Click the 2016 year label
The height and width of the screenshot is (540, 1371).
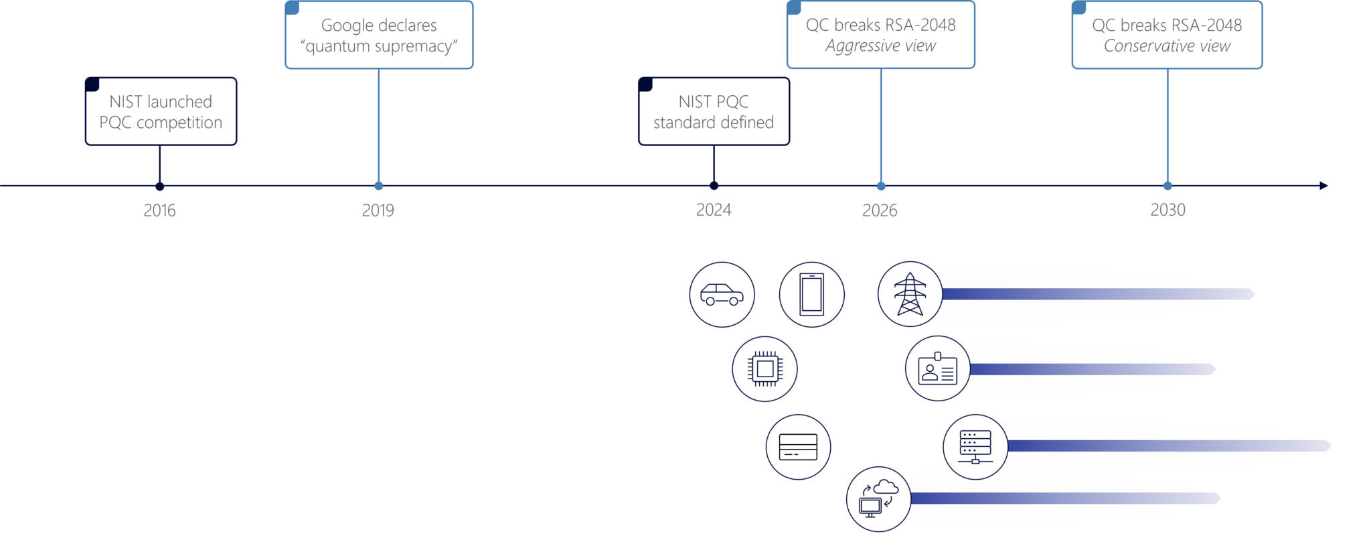(x=159, y=210)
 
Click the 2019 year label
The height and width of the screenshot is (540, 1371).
(x=378, y=210)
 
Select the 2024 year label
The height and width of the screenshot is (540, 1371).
(x=714, y=210)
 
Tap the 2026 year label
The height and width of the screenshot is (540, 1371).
(x=880, y=210)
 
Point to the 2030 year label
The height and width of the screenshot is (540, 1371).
(x=1168, y=210)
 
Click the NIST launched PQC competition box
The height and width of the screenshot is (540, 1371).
(x=161, y=112)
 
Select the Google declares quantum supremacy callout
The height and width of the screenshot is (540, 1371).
(x=379, y=36)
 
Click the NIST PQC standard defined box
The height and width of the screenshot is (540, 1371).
(x=714, y=112)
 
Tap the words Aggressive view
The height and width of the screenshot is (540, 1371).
(x=880, y=46)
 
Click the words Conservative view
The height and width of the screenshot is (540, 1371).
(x=1167, y=46)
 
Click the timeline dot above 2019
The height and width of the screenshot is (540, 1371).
(x=379, y=186)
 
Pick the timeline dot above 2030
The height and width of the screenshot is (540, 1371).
(x=1167, y=186)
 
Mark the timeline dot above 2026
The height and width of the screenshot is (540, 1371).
(x=881, y=186)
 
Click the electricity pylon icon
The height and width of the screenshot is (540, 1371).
(x=910, y=294)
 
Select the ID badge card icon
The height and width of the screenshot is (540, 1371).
(x=938, y=368)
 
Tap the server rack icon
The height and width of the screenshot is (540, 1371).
(x=975, y=447)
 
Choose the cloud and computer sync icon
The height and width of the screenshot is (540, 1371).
(x=879, y=499)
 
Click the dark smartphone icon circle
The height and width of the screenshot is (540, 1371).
(x=811, y=294)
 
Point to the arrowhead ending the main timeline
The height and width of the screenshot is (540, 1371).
(x=1323, y=186)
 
